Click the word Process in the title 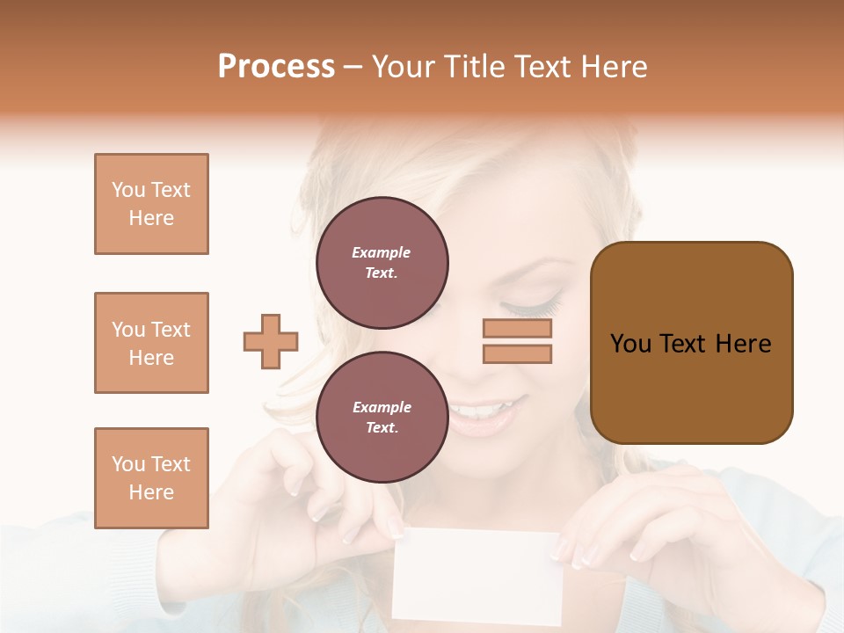click(x=276, y=67)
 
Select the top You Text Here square click(x=151, y=204)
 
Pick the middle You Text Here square click(x=151, y=343)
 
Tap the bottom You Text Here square click(x=151, y=478)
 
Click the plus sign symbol click(x=271, y=341)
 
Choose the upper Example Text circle click(x=382, y=263)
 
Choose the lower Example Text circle click(x=382, y=418)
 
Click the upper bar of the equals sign click(x=517, y=329)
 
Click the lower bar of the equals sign click(x=517, y=353)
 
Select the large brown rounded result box click(x=691, y=343)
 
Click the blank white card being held click(x=476, y=576)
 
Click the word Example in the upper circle click(x=382, y=252)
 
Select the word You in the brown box click(x=630, y=344)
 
